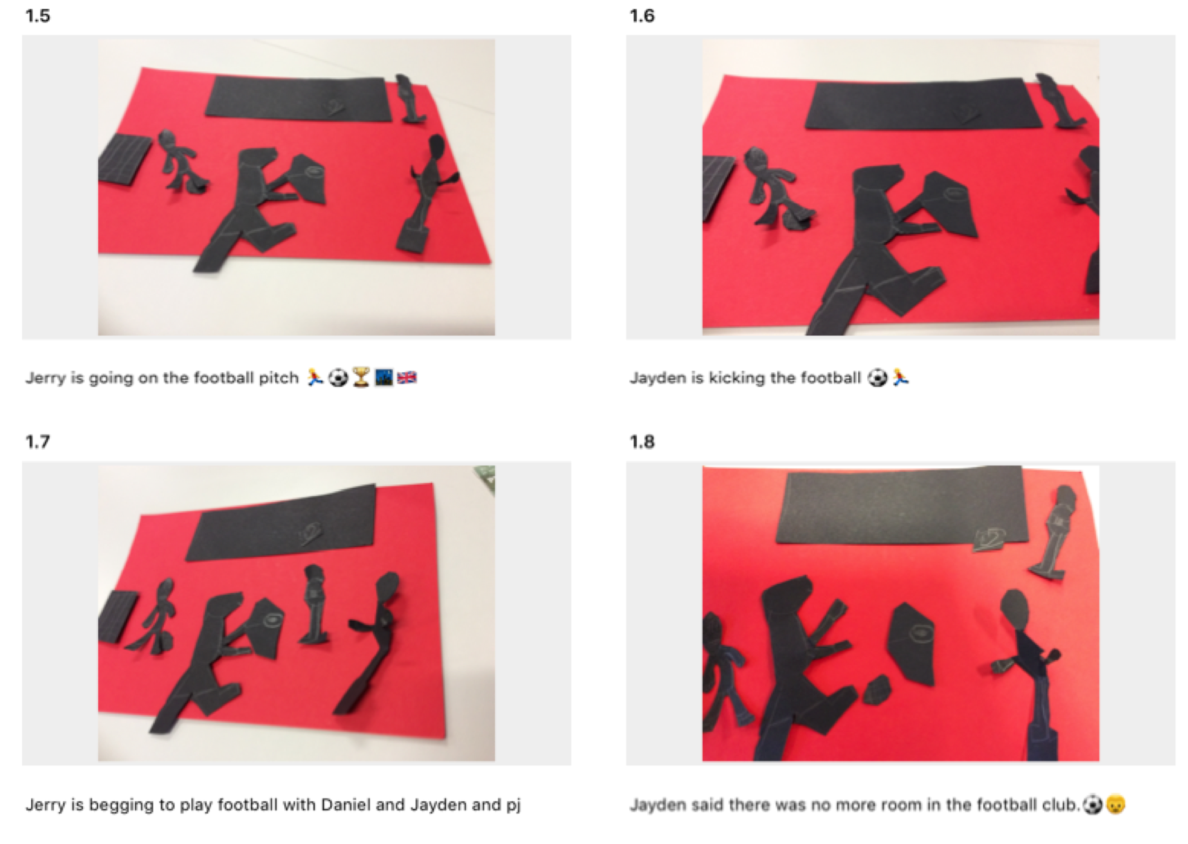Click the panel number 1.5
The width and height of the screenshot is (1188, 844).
click(37, 16)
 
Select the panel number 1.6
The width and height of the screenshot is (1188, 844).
click(642, 16)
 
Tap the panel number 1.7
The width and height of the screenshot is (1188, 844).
click(37, 441)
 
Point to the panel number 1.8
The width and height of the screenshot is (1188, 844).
click(642, 441)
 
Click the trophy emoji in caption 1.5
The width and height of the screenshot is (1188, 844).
click(360, 378)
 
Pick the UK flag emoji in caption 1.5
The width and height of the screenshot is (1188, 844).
click(407, 378)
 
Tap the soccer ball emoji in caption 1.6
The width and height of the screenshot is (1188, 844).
click(877, 378)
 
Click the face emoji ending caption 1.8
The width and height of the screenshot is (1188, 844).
click(1115, 805)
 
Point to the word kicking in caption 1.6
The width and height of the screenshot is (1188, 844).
click(736, 378)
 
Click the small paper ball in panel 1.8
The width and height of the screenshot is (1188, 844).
click(878, 689)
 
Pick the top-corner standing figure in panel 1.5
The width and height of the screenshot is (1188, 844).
click(410, 98)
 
